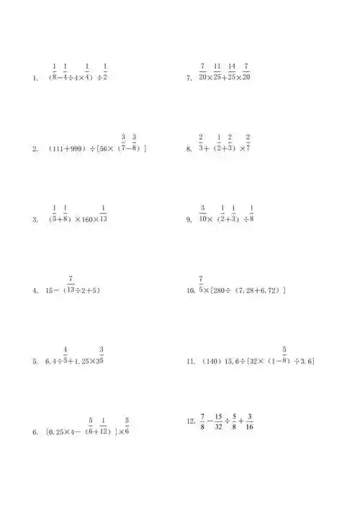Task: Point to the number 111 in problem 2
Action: click(59, 150)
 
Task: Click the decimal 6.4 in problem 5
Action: click(51, 362)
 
